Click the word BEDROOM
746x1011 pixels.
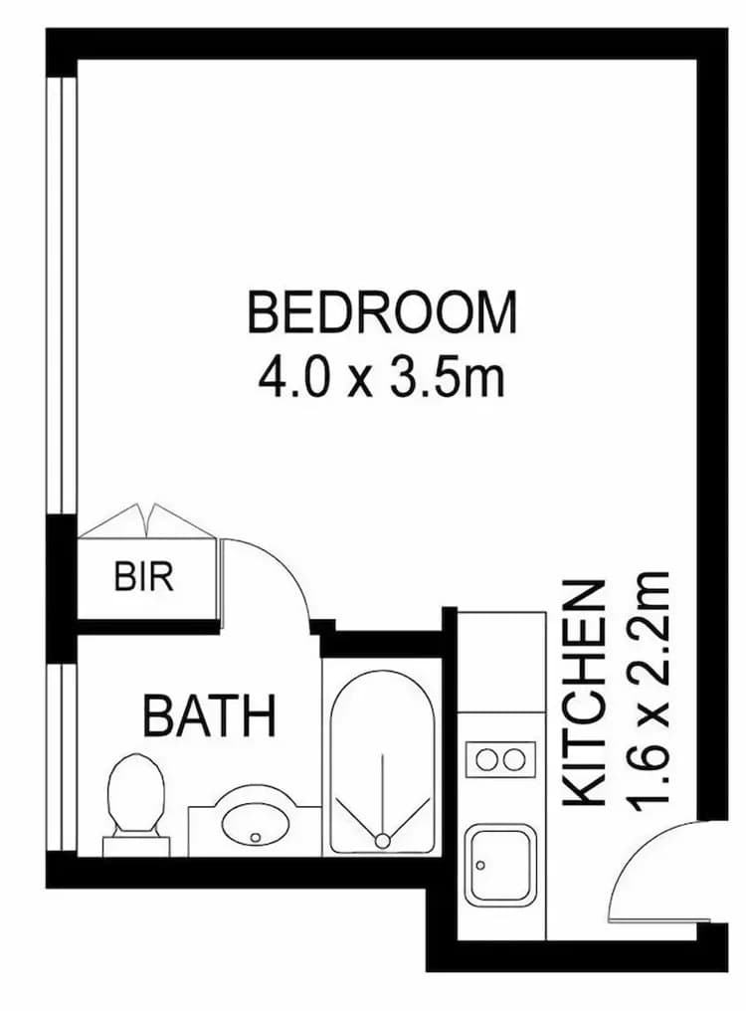coord(382,312)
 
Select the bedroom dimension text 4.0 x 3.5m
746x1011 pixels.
coord(382,378)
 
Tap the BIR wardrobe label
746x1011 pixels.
coord(144,577)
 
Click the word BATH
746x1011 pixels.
coord(209,716)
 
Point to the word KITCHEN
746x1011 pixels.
coord(585,695)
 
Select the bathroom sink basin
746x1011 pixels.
coord(255,824)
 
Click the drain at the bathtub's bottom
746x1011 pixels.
coord(382,842)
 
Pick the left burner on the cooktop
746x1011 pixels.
coord(486,760)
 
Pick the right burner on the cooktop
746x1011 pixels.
coord(515,760)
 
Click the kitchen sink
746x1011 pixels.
coord(500,866)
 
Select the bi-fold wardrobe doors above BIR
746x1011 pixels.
coord(147,522)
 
